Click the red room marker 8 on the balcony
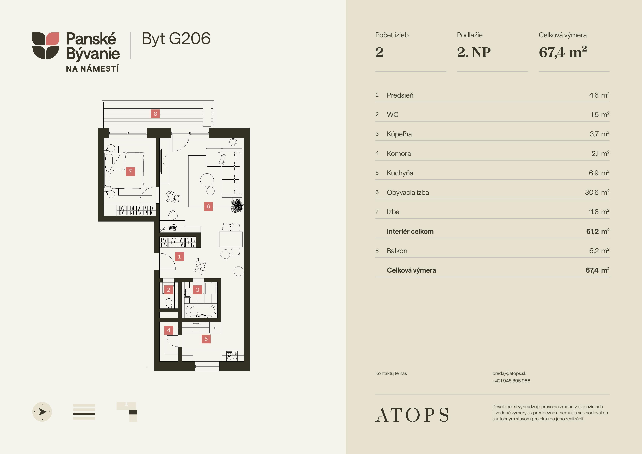tap(155, 114)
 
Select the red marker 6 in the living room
tap(208, 206)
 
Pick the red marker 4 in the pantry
tap(169, 330)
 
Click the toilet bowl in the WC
tap(169, 303)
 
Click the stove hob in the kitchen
tap(232, 356)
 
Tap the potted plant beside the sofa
tap(237, 206)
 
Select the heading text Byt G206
tap(176, 39)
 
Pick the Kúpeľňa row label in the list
tap(399, 134)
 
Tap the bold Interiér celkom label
tap(410, 231)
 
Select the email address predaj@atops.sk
tap(509, 373)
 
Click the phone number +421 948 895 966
tap(511, 381)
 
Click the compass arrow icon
tap(42, 412)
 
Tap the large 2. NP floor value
tap(474, 52)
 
